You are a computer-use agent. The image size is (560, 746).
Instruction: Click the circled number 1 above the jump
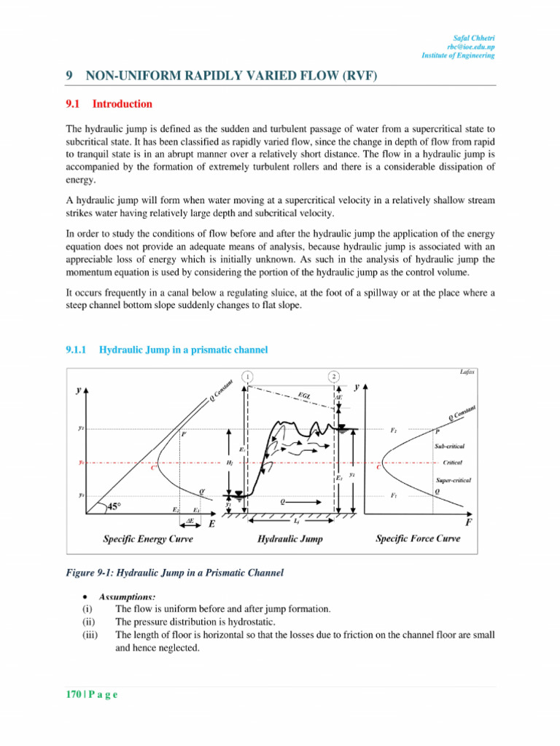249,376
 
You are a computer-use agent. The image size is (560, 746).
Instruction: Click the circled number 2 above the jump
333,376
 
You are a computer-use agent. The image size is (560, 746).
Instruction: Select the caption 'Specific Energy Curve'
143,539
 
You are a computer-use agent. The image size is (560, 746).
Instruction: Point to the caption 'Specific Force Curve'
418,539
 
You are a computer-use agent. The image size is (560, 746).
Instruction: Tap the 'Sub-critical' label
449,445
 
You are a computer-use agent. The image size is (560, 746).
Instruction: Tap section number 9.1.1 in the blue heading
77,350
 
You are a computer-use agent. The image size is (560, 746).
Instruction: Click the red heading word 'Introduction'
122,104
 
